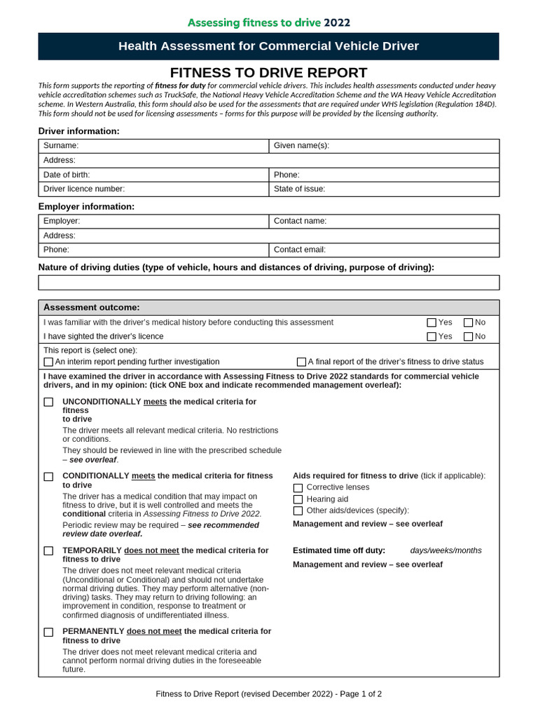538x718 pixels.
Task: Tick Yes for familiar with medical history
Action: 432,323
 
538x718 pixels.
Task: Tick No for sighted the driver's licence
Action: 468,337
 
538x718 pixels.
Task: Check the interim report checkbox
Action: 48,362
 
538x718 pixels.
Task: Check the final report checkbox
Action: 301,362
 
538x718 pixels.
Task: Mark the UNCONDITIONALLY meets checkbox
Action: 48,402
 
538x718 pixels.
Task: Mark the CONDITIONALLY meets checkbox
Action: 48,476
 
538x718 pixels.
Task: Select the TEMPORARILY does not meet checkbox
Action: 48,551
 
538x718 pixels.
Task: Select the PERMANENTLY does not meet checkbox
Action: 48,632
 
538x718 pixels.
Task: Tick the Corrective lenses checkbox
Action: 298,487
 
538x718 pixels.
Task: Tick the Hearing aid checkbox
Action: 298,499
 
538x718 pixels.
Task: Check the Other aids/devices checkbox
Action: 298,510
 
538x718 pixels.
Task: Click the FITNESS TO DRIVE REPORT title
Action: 269,72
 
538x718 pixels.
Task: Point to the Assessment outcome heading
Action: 92,308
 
